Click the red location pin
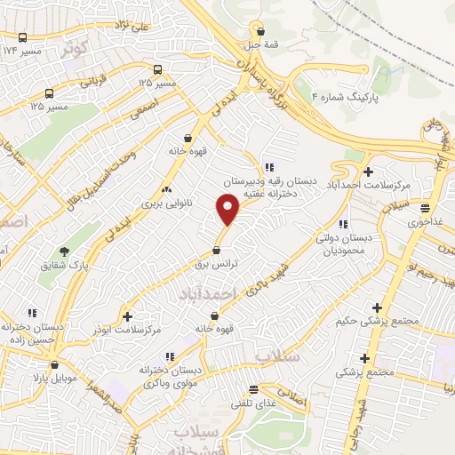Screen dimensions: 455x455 click(x=228, y=210)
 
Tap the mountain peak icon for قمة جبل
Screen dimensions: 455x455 click(x=258, y=26)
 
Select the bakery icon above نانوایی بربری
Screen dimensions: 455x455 click(x=166, y=189)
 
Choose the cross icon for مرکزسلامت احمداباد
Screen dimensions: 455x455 click(x=367, y=171)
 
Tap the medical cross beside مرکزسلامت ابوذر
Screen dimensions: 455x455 click(x=127, y=315)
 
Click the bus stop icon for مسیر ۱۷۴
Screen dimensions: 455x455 click(x=22, y=37)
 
